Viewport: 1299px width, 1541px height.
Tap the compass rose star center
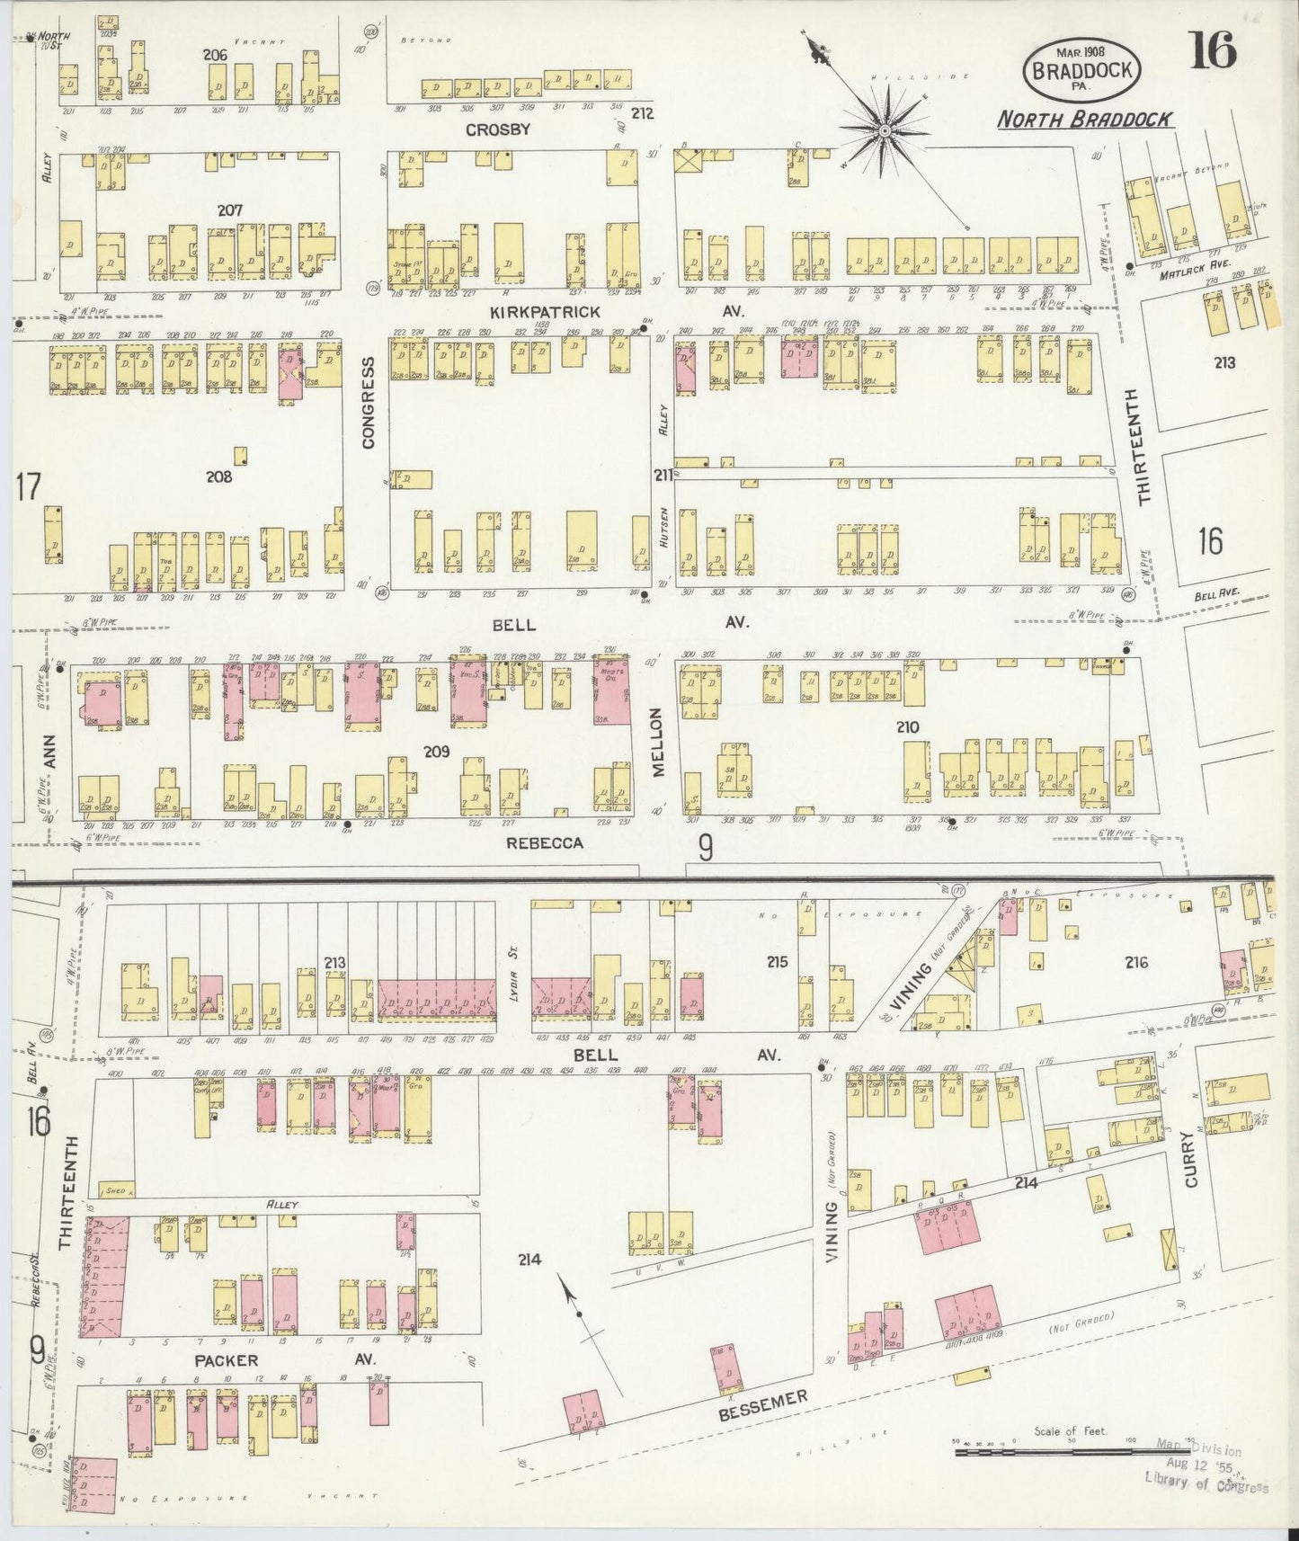[885, 131]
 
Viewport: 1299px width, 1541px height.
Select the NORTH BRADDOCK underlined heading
[1085, 119]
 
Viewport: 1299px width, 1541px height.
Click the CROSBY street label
[497, 129]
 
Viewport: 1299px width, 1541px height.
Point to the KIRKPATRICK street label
[545, 311]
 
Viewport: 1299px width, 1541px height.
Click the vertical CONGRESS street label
[368, 403]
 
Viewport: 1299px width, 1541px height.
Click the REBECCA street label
[544, 842]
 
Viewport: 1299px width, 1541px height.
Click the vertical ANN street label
[50, 750]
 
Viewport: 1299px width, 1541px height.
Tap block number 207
[230, 209]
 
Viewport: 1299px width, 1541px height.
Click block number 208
[218, 477]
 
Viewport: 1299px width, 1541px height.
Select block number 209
[437, 751]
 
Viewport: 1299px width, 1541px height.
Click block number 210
[907, 727]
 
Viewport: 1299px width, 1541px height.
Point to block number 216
[1136, 962]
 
